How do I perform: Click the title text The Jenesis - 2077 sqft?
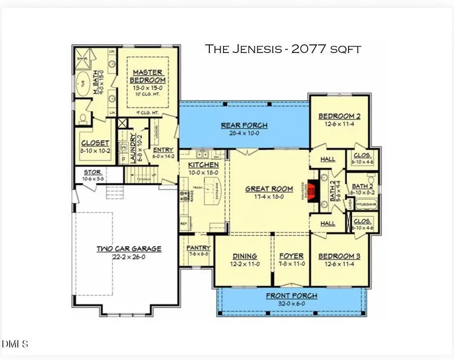(x=282, y=49)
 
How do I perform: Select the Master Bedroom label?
(x=148, y=77)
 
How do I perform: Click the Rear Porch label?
(x=244, y=126)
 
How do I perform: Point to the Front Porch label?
(x=292, y=295)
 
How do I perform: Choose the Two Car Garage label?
(x=129, y=249)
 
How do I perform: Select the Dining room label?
(x=245, y=256)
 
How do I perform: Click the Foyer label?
(x=292, y=256)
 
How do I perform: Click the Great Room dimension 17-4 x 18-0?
(x=268, y=196)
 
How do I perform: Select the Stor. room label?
(x=93, y=172)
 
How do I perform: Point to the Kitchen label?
(x=203, y=165)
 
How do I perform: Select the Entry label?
(x=162, y=150)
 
